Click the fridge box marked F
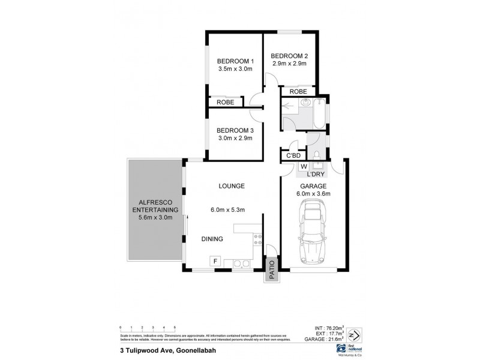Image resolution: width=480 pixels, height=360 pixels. [x=214, y=261]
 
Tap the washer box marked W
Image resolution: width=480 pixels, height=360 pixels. [x=304, y=166]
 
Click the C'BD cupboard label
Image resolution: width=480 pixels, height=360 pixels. [x=293, y=156]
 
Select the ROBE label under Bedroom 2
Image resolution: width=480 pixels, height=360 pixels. [x=298, y=91]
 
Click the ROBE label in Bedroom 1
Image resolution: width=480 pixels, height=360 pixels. [x=226, y=103]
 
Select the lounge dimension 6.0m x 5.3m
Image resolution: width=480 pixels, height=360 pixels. [x=227, y=209]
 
